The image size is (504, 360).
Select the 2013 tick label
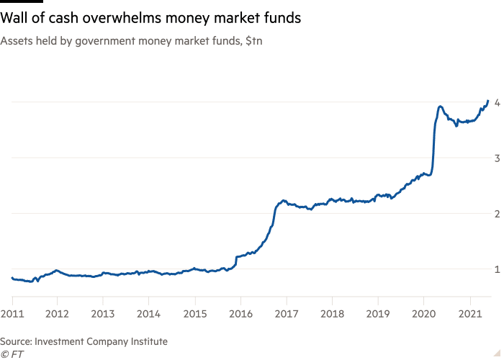[103, 314]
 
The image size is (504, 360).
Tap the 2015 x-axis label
[194, 314]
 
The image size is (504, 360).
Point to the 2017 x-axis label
[287, 314]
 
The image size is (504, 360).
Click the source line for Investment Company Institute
[84, 342]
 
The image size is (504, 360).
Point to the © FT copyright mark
[10, 354]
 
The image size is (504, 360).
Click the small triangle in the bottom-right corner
[494, 351]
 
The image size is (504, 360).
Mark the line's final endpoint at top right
[489, 102]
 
